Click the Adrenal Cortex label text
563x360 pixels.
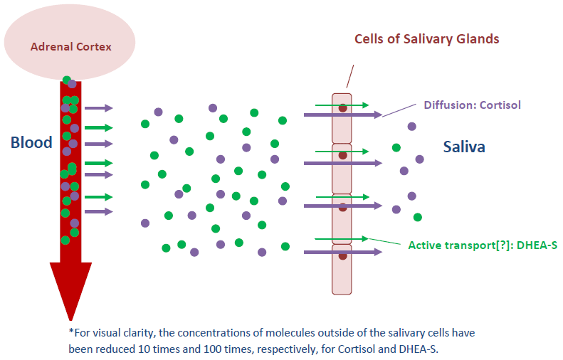tap(71, 47)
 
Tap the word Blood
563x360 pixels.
tap(31, 142)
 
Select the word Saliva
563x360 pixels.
tap(464, 147)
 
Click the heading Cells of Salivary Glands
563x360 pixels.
tap(427, 38)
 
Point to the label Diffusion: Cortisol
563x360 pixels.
tap(472, 105)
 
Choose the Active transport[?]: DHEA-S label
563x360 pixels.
tap(482, 245)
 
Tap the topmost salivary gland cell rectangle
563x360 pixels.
tap(342, 118)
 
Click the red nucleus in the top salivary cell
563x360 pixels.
tap(342, 109)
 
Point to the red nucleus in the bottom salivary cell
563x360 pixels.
tap(342, 256)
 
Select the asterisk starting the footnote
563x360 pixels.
tap(71, 332)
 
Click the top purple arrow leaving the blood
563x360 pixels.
tap(99, 108)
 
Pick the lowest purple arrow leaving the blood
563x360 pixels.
tap(99, 211)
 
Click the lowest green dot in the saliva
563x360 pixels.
tap(418, 217)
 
